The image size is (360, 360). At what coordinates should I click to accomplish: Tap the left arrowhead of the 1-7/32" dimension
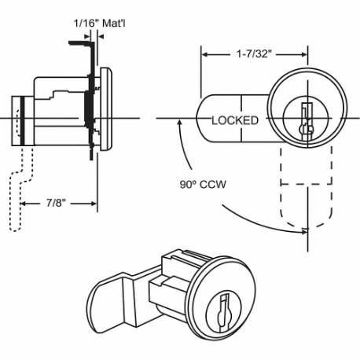click(205, 56)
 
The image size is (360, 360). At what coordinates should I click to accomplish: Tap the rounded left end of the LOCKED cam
click(200, 119)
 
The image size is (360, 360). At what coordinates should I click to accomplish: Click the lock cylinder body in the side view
click(59, 114)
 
